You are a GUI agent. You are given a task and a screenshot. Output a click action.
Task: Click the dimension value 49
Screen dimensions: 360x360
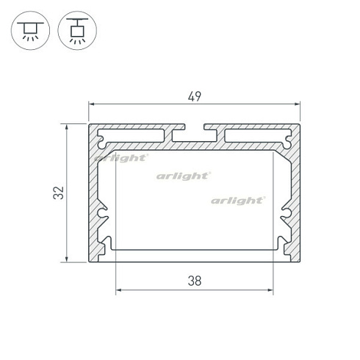pos(195,96)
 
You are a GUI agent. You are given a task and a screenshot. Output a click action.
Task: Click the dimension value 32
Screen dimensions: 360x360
pos(59,192)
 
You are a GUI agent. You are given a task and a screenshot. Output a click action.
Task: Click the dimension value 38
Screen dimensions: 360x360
pos(195,281)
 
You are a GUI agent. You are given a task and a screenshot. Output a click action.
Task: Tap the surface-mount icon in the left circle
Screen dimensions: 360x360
pos(30,31)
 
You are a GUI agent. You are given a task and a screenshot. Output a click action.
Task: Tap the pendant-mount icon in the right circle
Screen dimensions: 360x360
pos(77,31)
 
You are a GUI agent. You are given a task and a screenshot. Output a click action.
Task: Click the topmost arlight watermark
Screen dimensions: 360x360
pos(121,158)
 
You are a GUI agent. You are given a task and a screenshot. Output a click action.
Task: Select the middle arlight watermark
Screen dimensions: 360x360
pos(183,176)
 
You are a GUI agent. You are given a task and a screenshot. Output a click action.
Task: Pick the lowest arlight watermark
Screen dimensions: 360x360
pos(238,201)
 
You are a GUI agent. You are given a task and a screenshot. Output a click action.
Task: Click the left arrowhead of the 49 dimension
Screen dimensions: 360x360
pos(92,104)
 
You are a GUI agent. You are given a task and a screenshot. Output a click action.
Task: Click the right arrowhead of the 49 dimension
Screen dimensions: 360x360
pos(297,104)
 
